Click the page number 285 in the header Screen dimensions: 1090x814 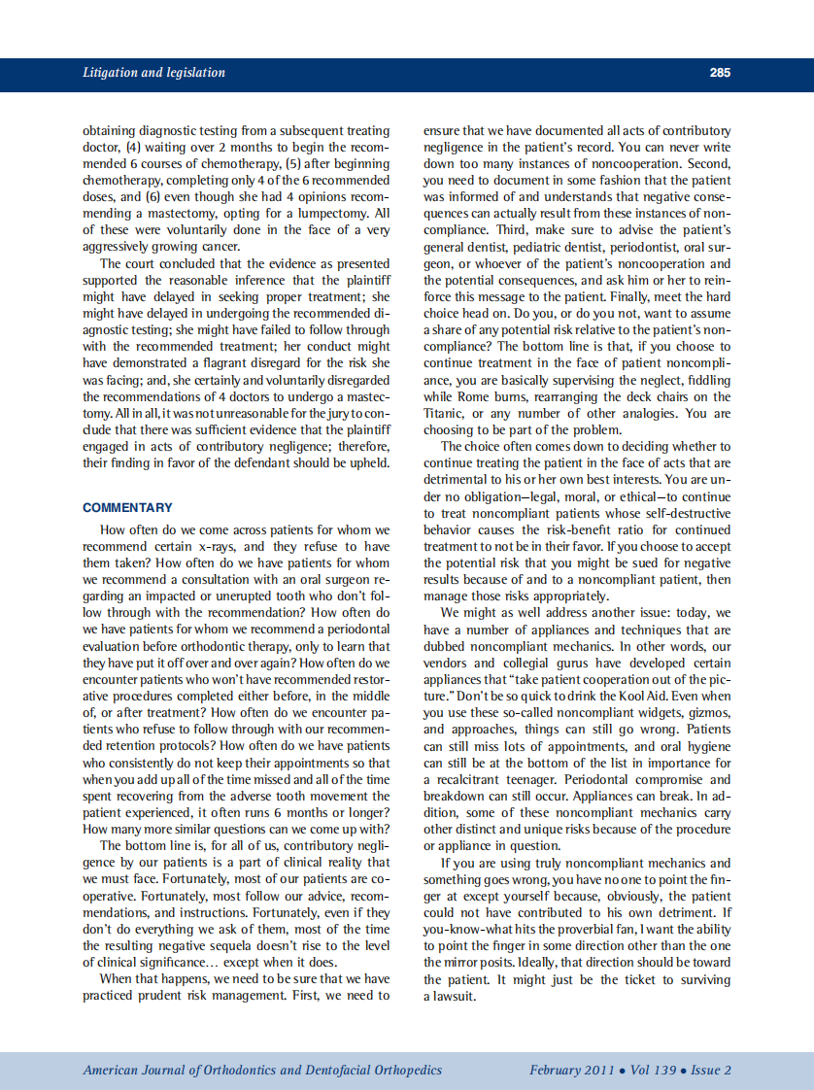point(720,73)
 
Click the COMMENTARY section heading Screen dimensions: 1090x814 point(127,507)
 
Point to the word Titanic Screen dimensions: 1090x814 point(443,412)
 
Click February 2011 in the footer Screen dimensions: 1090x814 point(571,1070)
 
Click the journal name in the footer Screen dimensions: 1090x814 point(262,1070)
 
